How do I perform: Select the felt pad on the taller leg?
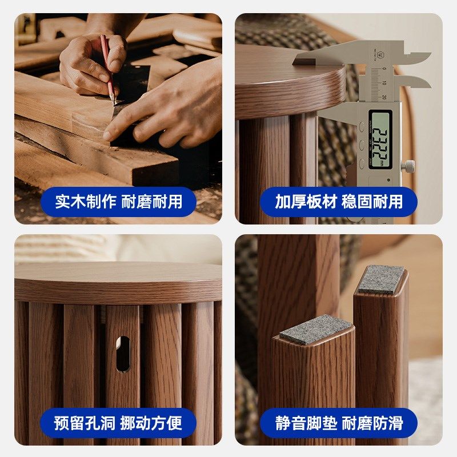tap(381, 279)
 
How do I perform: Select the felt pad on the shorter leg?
tap(317, 329)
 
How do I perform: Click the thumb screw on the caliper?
tap(408, 166)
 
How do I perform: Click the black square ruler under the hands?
tap(134, 86)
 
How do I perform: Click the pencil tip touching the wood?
tap(114, 103)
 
